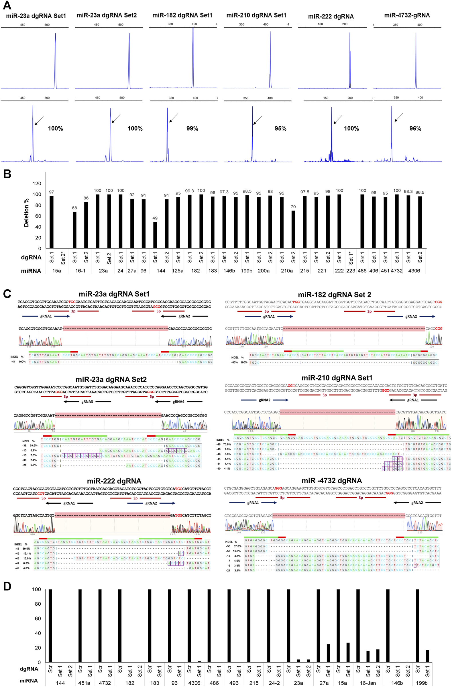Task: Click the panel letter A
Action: [x=7, y=5]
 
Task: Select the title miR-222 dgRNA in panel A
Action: [x=331, y=16]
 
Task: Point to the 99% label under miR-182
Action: [x=192, y=128]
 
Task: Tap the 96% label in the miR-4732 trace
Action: [x=415, y=128]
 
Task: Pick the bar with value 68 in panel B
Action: [x=74, y=230]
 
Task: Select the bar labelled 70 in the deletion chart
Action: [x=293, y=229]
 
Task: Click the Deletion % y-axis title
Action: [x=26, y=213]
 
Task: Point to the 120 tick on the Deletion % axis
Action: [x=37, y=184]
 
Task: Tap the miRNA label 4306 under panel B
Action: [x=414, y=271]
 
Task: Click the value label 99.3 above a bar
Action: [x=190, y=191]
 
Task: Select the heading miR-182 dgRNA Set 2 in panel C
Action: [x=334, y=295]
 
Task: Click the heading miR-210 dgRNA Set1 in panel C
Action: [x=337, y=378]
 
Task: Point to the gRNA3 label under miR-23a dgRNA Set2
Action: [x=87, y=402]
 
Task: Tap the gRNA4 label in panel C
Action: [x=178, y=402]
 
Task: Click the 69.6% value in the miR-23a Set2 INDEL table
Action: [x=34, y=446]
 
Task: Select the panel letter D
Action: [x=7, y=586]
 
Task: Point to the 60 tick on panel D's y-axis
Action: [x=38, y=618]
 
